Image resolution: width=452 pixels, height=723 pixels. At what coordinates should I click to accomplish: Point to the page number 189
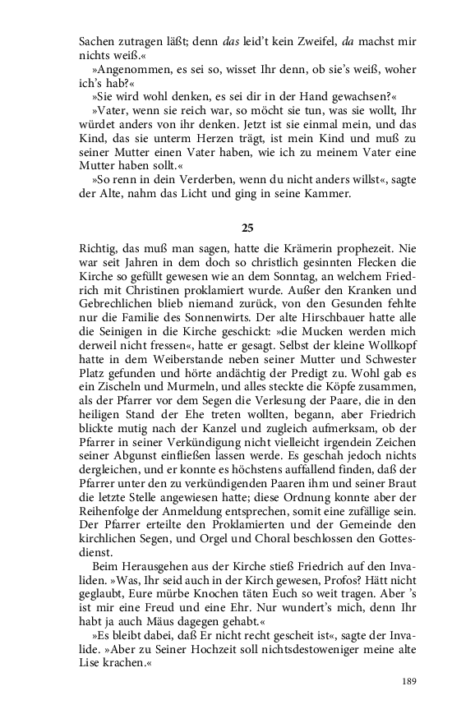tap(410, 681)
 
